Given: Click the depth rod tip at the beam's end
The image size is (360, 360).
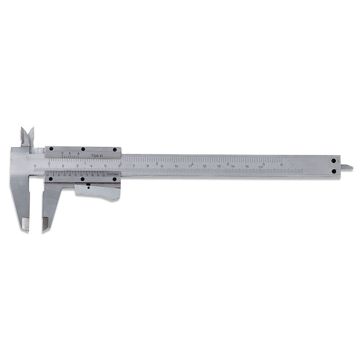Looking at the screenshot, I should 349,167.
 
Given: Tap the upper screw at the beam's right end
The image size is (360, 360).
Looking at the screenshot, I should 333,161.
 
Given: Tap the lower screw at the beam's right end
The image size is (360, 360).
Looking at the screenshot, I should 333,171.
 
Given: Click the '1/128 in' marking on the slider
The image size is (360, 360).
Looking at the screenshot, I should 97,156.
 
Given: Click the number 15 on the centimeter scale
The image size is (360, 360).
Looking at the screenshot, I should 247,166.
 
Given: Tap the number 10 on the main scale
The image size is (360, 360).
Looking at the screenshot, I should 176,166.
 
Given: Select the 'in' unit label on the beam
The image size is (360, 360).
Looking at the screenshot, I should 282,165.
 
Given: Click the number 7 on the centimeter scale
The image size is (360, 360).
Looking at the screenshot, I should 133,166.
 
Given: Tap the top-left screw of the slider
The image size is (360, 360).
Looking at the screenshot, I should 51,149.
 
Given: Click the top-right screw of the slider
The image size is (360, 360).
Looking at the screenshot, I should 114,149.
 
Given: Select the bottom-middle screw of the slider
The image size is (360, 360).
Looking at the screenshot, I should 83,179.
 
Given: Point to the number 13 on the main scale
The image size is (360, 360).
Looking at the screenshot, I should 219,166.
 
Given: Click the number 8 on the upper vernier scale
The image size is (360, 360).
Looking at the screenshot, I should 78,154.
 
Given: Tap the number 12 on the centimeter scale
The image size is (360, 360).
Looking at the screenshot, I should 205,166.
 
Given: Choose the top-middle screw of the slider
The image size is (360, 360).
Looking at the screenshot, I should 83,149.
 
